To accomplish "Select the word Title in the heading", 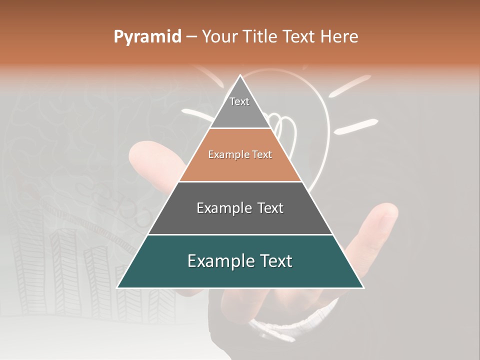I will click(x=259, y=37).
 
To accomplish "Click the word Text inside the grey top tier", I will click(x=239, y=101).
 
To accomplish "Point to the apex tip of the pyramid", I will click(x=240, y=76).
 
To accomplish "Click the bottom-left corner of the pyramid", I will click(x=118, y=287).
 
